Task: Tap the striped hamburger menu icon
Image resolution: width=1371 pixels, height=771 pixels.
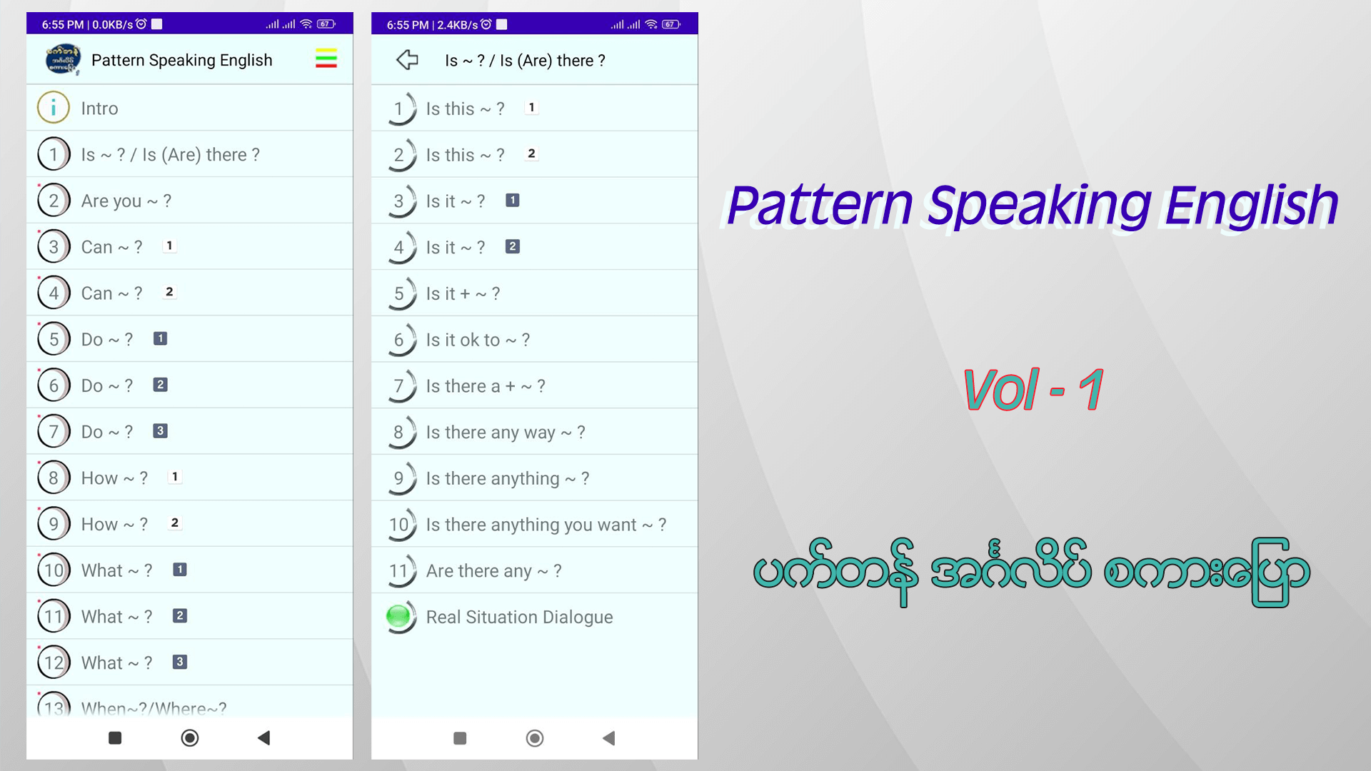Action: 326,59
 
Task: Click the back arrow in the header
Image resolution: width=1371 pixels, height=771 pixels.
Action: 407,59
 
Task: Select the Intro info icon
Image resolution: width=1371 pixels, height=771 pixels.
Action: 54,108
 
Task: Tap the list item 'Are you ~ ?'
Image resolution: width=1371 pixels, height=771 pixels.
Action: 126,201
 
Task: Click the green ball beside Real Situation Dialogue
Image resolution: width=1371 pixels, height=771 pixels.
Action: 398,616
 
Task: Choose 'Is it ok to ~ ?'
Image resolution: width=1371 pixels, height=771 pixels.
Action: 478,340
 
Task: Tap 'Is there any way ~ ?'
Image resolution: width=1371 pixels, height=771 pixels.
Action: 506,433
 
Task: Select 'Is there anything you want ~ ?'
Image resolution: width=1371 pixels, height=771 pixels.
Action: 546,525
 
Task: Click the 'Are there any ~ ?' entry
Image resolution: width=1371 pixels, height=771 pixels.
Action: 493,571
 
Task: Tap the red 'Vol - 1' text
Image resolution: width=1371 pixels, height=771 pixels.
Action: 1033,390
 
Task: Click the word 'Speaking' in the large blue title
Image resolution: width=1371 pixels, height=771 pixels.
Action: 1039,206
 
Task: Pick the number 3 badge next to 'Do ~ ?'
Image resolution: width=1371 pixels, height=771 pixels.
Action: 161,431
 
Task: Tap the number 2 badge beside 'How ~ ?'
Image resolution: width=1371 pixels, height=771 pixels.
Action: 175,523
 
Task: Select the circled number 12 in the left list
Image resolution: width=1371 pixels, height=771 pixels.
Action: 54,662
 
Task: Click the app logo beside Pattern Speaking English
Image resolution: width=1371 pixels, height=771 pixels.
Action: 63,59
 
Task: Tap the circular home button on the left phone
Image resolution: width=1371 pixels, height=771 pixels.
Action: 190,737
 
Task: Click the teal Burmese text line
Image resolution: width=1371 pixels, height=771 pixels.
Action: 1032,572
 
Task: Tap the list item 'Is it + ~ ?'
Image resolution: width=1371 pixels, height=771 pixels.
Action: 463,293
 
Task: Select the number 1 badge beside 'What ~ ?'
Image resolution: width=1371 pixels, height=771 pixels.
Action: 180,570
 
